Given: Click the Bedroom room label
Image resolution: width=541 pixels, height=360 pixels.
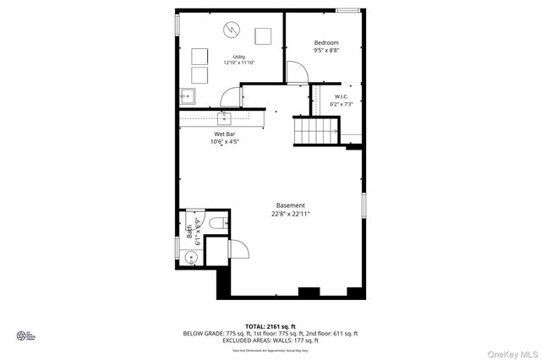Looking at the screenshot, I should [x=326, y=43].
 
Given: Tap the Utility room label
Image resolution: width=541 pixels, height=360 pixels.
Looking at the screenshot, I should [x=239, y=57].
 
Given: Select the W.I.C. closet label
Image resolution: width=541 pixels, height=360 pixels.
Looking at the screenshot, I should [x=342, y=96].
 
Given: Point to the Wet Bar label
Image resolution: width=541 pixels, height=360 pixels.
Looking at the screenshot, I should [x=224, y=134].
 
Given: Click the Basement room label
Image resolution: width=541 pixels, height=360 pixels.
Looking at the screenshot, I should [x=290, y=205].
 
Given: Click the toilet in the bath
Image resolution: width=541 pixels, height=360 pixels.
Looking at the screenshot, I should [x=216, y=223].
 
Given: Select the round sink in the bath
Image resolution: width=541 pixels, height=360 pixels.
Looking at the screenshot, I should [x=191, y=259].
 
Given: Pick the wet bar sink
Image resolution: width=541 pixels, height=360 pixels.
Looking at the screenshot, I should [x=226, y=117].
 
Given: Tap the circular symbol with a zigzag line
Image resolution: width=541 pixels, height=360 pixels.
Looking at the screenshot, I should [x=232, y=31].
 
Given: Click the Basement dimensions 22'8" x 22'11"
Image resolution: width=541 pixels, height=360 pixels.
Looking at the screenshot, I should [x=290, y=214].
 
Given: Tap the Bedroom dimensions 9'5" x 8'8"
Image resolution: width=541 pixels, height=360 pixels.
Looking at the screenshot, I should [x=326, y=52].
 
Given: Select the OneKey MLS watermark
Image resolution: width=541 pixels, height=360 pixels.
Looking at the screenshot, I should [x=511, y=349].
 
